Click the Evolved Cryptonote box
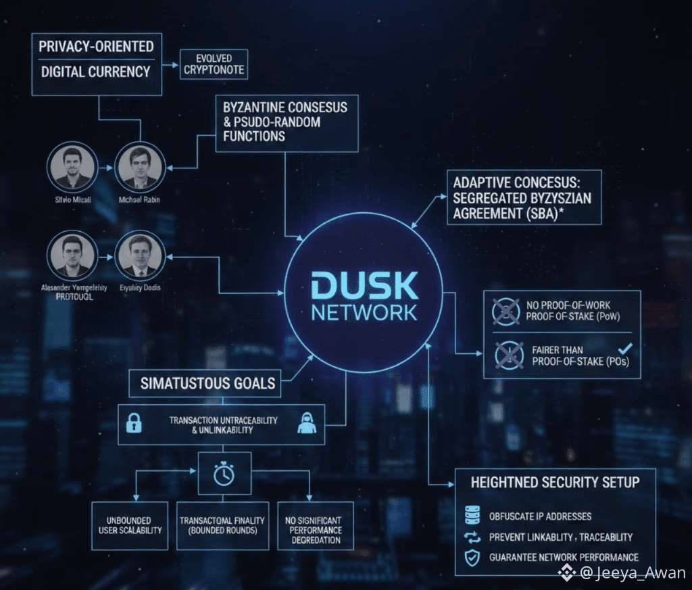pyautogui.click(x=214, y=65)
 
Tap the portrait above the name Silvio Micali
pyautogui.click(x=72, y=169)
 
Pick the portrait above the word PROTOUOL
pyautogui.click(x=72, y=257)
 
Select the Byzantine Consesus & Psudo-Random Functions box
pyautogui.click(x=287, y=123)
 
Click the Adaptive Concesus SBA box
pyautogui.click(x=524, y=197)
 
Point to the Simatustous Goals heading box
pyautogui.click(x=207, y=384)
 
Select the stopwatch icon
pyautogui.click(x=224, y=474)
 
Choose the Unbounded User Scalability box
pyautogui.click(x=130, y=525)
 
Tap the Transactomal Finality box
pyautogui.click(x=222, y=525)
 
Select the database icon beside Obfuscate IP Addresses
pyautogui.click(x=472, y=516)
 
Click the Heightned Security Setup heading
pyautogui.click(x=554, y=483)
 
